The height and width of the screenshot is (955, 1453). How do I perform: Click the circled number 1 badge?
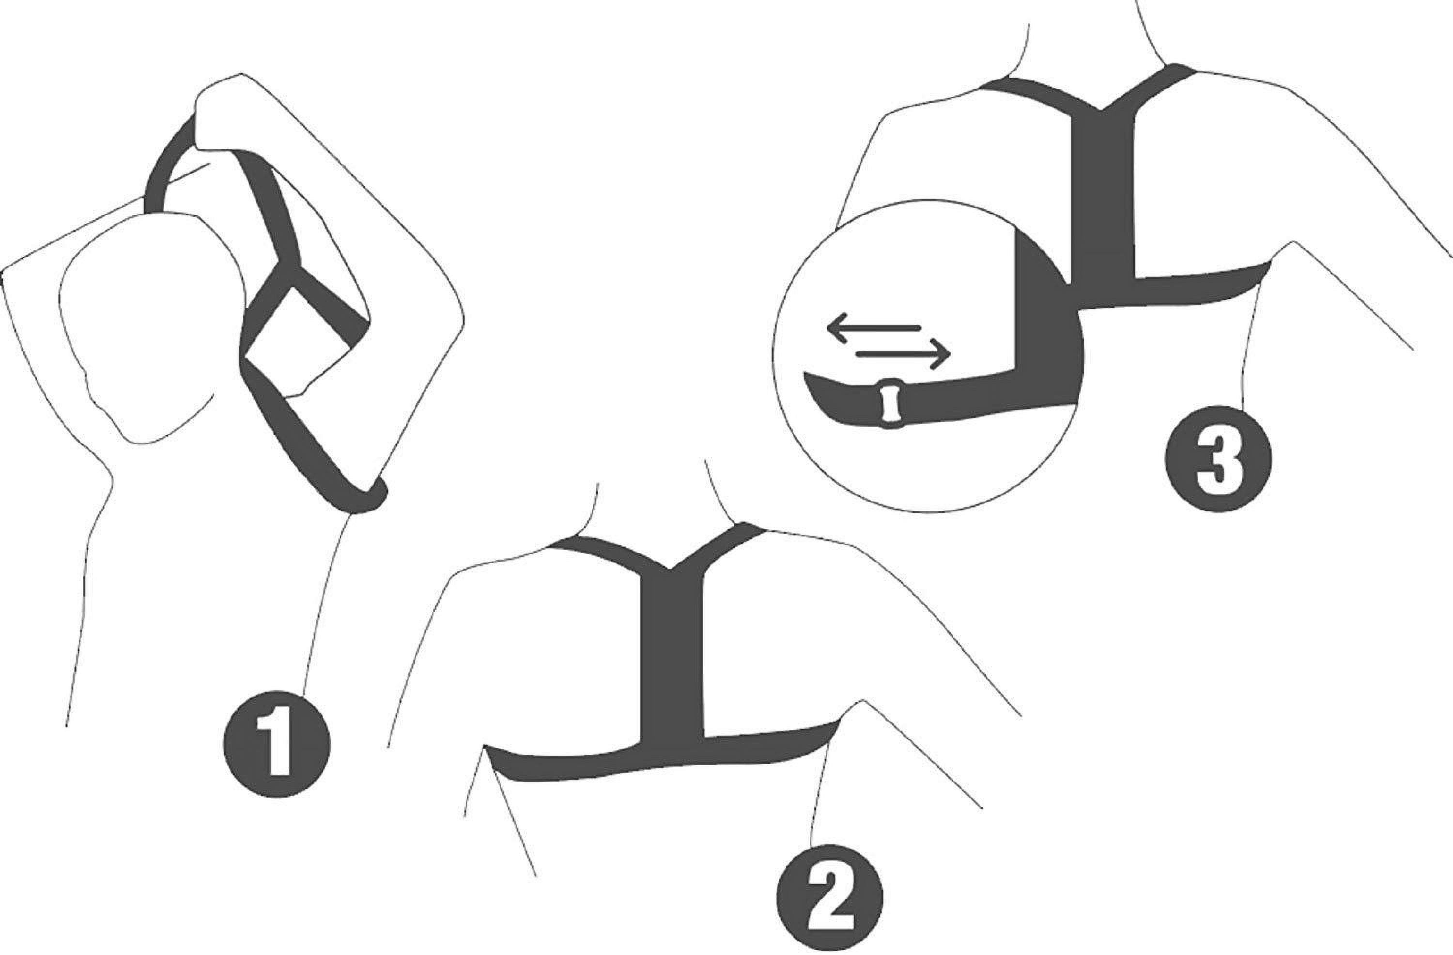(277, 745)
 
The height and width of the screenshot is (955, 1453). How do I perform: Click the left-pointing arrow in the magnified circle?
(874, 328)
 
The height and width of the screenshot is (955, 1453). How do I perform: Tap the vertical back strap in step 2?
(672, 660)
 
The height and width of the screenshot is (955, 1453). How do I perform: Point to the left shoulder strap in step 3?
(1041, 94)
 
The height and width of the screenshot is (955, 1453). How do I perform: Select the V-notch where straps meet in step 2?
(670, 569)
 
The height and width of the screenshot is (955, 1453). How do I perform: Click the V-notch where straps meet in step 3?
(1102, 110)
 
